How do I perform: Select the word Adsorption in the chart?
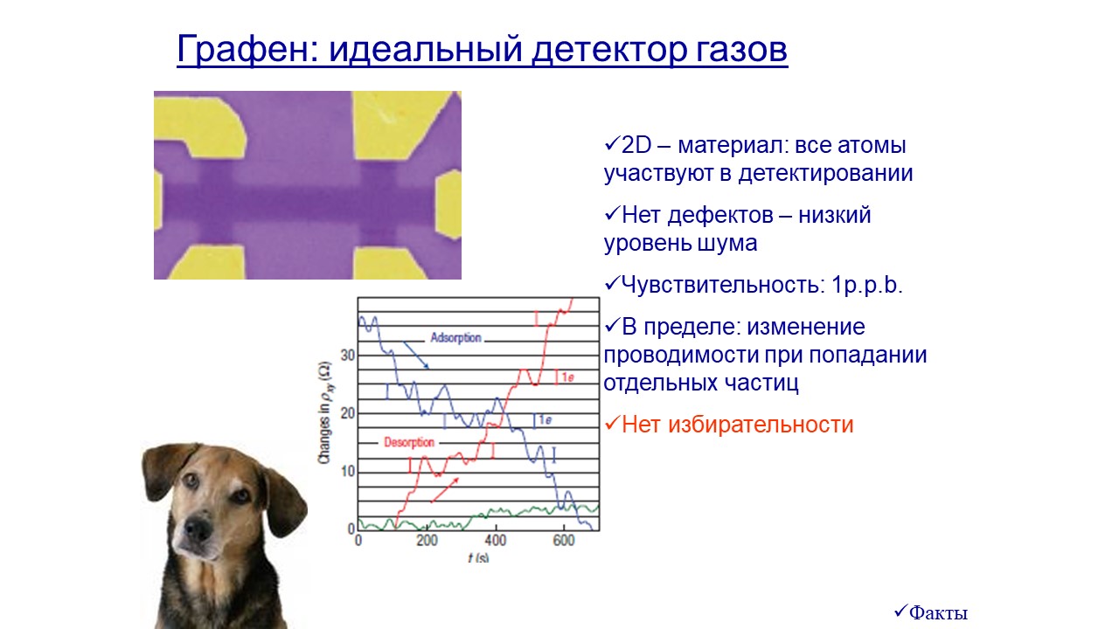tap(455, 338)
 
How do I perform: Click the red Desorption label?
tap(409, 442)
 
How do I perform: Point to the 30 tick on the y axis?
tap(347, 356)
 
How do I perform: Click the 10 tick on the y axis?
tap(347, 471)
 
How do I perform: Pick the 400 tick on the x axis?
tap(496, 541)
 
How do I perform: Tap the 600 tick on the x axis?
tap(564, 541)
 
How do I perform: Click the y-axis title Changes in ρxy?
tap(325, 413)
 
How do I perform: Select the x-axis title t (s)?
tap(478, 557)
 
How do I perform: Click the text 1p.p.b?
tap(866, 285)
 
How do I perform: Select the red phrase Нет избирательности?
tap(737, 425)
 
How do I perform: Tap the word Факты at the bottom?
tap(938, 612)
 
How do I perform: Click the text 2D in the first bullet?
tap(636, 145)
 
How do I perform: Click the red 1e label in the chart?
tap(568, 377)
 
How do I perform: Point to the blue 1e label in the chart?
tap(545, 420)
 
